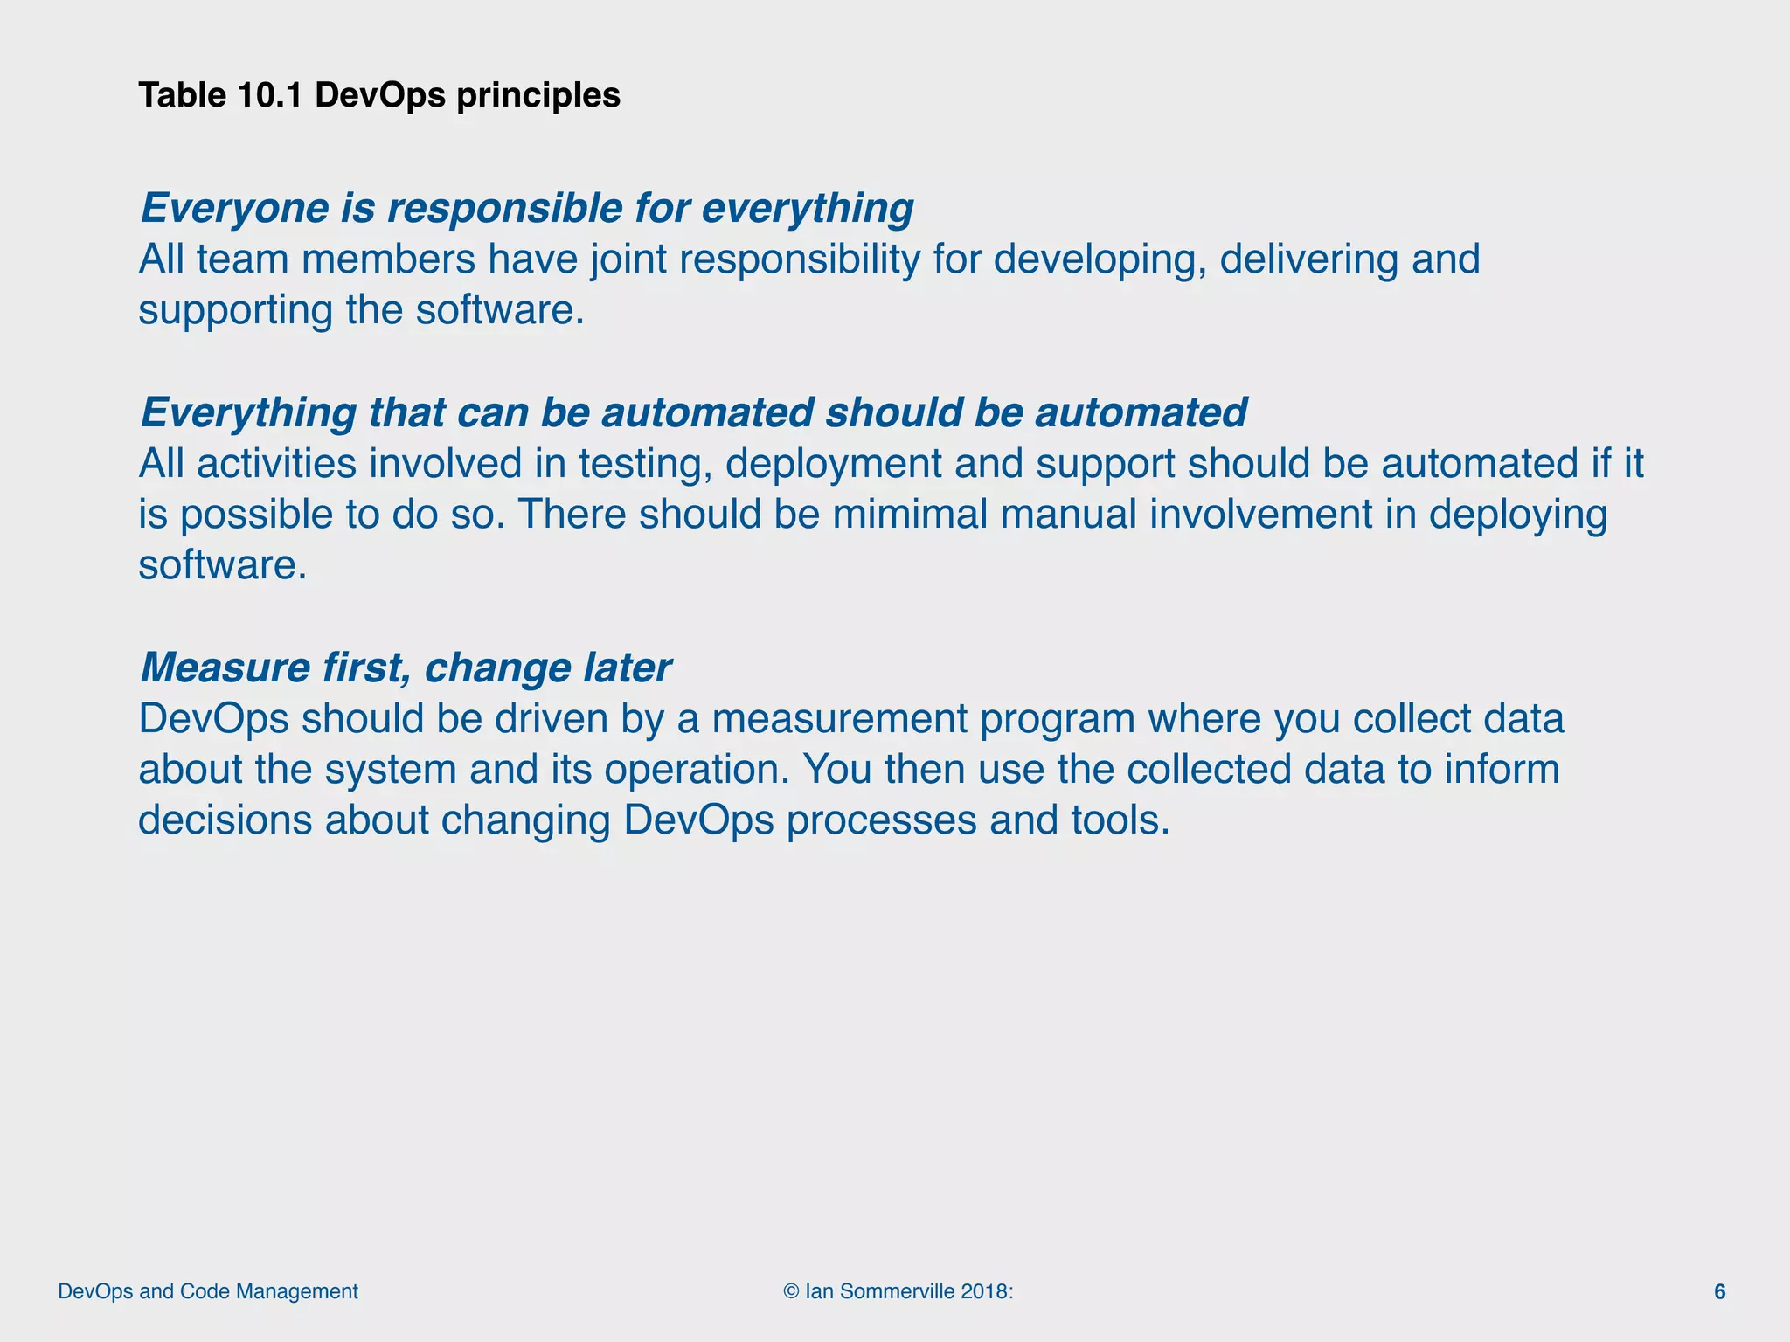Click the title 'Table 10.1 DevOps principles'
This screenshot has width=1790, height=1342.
(379, 95)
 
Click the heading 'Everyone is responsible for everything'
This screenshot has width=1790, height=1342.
(527, 209)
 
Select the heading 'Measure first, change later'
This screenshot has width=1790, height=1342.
(406, 668)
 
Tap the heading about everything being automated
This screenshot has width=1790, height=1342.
(693, 412)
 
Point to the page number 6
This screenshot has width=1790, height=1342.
(1719, 1292)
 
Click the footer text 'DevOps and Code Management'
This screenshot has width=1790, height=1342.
(208, 1291)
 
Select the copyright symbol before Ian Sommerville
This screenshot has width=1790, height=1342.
(791, 1291)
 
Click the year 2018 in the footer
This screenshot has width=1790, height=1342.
(983, 1291)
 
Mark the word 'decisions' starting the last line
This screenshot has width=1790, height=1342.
(225, 820)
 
